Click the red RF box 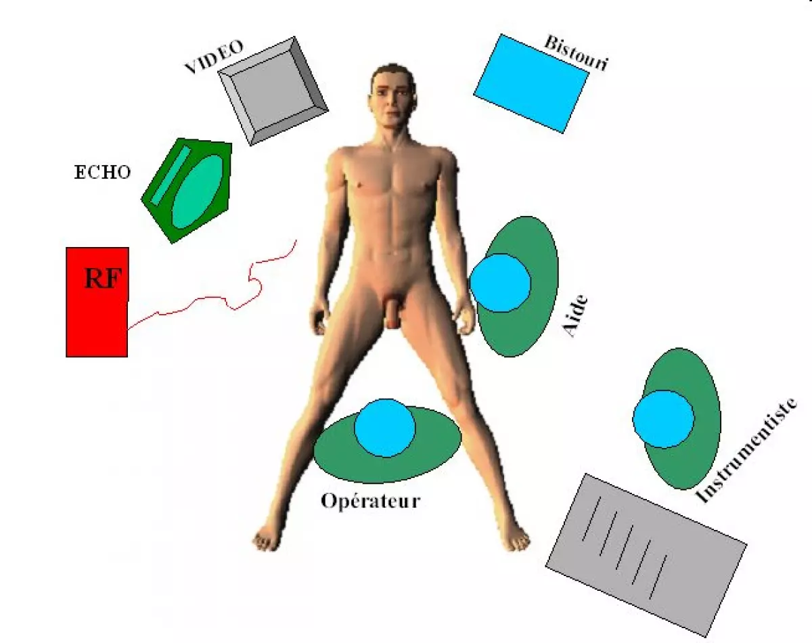tap(97, 318)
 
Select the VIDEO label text tap(213, 58)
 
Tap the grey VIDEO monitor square tap(273, 90)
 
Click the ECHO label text tap(101, 173)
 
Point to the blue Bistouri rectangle tap(531, 83)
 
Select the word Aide tap(575, 316)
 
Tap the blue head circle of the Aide tap(500, 283)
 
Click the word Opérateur tap(370, 502)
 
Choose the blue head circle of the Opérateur tap(384, 428)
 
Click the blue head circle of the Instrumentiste tap(663, 418)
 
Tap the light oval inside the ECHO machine tap(198, 192)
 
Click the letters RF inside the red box tap(105, 278)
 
